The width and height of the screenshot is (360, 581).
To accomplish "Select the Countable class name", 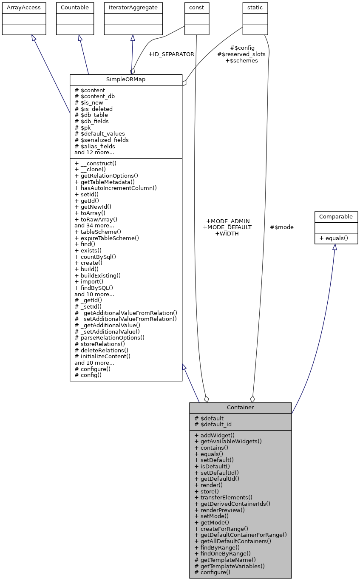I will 75,7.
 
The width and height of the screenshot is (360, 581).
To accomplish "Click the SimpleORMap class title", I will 126,79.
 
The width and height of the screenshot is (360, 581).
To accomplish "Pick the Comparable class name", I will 336,216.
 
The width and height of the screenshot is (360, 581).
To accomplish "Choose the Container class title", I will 240,407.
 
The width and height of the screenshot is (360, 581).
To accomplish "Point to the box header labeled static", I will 255,7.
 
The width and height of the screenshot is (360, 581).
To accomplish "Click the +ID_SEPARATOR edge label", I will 171,54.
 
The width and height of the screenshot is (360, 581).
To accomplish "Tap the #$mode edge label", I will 282,227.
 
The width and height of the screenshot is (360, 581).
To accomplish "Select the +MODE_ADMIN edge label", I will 227,221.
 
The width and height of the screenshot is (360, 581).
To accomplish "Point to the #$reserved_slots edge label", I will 241,54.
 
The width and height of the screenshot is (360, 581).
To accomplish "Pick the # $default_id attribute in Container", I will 213,424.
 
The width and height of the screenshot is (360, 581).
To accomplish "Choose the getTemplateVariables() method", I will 230,566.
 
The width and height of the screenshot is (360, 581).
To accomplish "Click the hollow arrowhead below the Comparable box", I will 334,247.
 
